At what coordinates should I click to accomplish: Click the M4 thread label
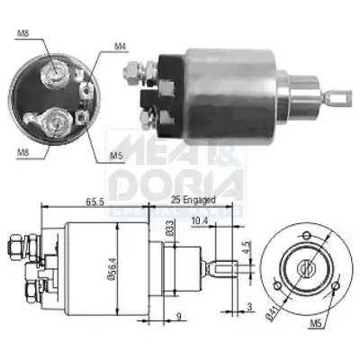click(121, 47)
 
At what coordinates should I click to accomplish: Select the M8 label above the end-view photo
click(24, 35)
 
